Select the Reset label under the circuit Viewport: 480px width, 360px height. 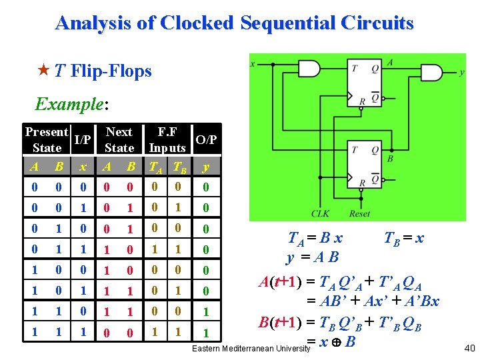359,214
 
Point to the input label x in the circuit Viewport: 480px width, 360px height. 253,64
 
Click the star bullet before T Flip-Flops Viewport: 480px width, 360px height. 42,71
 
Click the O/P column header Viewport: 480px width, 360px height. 207,140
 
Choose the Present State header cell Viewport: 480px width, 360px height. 47,140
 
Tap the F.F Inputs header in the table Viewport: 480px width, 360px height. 167,140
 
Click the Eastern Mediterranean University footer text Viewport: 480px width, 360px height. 250,349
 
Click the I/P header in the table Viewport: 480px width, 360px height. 83,140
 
